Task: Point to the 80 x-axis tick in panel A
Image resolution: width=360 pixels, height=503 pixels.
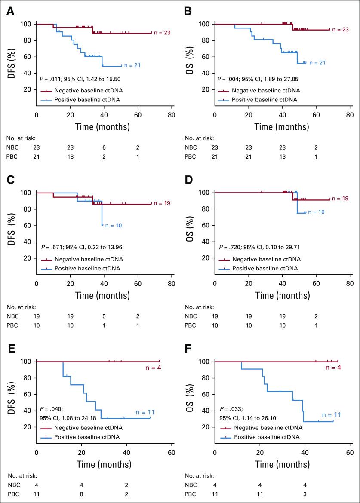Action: tap(172, 115)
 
